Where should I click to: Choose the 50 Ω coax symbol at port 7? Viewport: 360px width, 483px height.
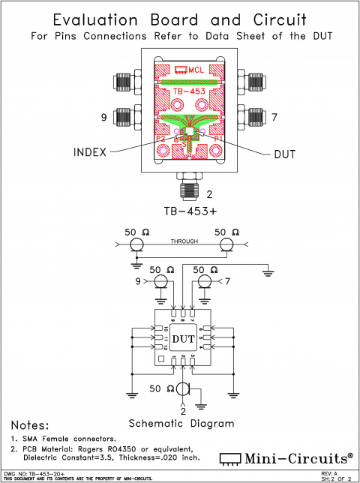click(203, 281)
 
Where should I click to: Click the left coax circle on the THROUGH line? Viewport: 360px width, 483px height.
click(136, 245)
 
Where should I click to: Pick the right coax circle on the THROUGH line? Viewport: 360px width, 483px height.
click(226, 245)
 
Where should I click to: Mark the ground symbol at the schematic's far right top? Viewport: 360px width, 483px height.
click(268, 274)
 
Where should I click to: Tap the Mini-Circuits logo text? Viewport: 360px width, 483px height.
click(294, 457)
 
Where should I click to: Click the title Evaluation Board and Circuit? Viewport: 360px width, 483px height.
click(180, 20)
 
